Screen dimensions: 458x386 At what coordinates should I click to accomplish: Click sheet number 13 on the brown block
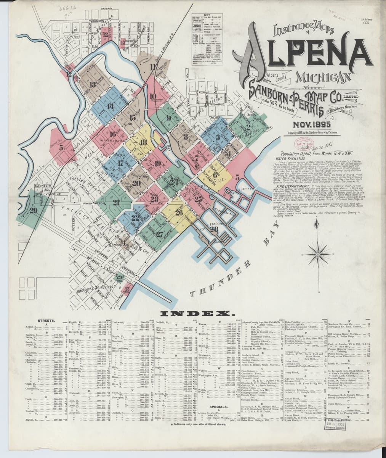[92, 85]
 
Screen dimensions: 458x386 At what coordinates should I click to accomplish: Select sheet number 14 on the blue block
[110, 106]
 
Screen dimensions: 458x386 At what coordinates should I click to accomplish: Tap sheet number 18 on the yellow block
[143, 142]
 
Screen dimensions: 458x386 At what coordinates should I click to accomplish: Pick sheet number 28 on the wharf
[214, 229]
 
